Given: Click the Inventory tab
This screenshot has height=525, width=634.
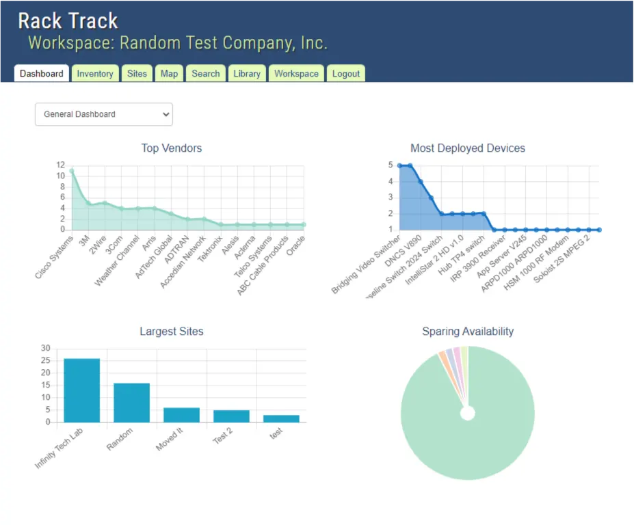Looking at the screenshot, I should click(x=95, y=74).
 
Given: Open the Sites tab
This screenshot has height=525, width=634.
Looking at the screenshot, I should click(x=137, y=74).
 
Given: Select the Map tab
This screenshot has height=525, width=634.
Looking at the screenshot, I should click(x=169, y=74).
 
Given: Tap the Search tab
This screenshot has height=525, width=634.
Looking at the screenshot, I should click(x=205, y=74).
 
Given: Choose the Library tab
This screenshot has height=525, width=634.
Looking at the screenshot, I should click(x=246, y=74).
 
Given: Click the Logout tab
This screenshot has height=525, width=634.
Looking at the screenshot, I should click(x=345, y=74).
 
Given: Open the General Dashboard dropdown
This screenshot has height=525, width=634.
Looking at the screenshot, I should click(x=104, y=114).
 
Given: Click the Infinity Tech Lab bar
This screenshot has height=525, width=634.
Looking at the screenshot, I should click(x=82, y=390).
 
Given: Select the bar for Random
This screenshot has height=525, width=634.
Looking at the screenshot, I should click(x=131, y=403).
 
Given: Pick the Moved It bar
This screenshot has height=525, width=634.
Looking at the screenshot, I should click(x=181, y=415).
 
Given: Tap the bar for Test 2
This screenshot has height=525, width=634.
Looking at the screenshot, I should click(x=231, y=416).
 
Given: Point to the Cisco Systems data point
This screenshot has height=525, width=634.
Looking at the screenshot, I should click(x=71, y=171).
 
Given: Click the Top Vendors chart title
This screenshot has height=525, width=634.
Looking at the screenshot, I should click(x=172, y=148).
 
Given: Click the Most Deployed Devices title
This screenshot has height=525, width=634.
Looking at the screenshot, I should click(x=468, y=148).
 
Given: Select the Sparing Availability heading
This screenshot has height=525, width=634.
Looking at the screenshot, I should click(x=468, y=332).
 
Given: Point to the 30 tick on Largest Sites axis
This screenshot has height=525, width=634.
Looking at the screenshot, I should click(x=46, y=348).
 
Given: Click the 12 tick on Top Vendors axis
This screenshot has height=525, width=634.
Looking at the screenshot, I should click(x=61, y=165).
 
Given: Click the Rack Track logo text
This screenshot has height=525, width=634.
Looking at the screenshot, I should click(x=68, y=21).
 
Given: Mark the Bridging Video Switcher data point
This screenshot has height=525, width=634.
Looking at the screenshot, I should click(x=399, y=165).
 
